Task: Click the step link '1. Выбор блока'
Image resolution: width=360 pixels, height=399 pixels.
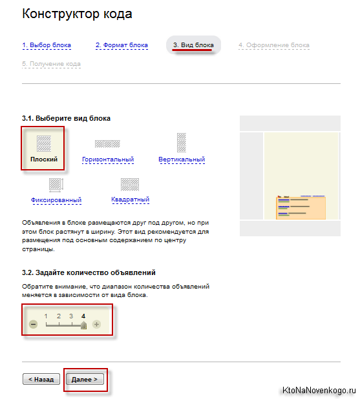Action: pyautogui.click(x=47, y=45)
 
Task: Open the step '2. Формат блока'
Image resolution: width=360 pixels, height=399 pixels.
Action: pyautogui.click(x=122, y=45)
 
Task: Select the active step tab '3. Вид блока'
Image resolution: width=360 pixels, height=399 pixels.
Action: pyautogui.click(x=193, y=45)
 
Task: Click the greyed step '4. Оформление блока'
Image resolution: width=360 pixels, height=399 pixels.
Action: pyautogui.click(x=274, y=45)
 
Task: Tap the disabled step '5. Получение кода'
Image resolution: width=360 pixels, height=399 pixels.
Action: pyautogui.click(x=51, y=64)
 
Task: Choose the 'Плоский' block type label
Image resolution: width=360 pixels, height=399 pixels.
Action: pyautogui.click(x=44, y=159)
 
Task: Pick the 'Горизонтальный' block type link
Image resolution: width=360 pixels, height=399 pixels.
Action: pyautogui.click(x=108, y=159)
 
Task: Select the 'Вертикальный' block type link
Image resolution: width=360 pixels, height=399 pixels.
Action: pyautogui.click(x=182, y=159)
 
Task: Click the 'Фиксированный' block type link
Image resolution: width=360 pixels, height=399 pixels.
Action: pyautogui.click(x=56, y=200)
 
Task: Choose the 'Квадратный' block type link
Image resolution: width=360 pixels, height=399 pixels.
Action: pyautogui.click(x=130, y=200)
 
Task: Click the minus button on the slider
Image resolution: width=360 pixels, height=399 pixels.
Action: pyautogui.click(x=33, y=324)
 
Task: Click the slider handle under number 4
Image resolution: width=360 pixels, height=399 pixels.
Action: pyautogui.click(x=83, y=325)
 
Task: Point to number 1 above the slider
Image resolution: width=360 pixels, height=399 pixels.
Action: pyautogui.click(x=46, y=316)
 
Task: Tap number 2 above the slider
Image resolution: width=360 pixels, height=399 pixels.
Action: pyautogui.click(x=59, y=316)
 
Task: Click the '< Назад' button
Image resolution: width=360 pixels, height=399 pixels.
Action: pyautogui.click(x=41, y=379)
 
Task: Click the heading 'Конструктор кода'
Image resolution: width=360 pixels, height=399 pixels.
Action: pyautogui.click(x=77, y=14)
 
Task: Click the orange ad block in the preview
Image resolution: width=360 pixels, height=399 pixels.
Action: pyautogui.click(x=301, y=207)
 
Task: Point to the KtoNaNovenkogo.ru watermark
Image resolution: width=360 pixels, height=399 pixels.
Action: pyautogui.click(x=319, y=390)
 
